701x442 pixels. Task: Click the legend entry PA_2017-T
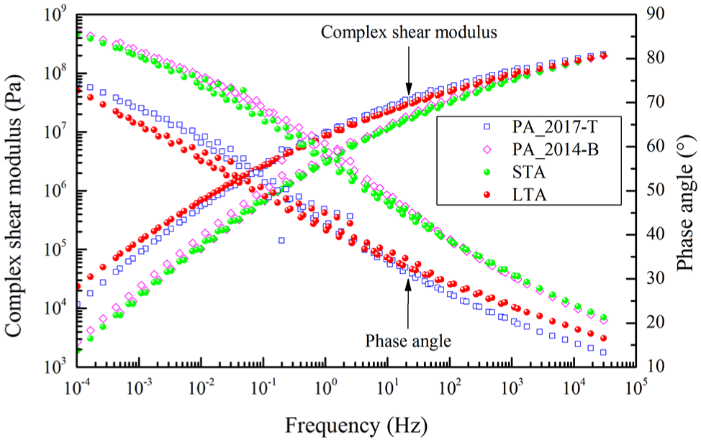554,127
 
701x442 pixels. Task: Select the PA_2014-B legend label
555,149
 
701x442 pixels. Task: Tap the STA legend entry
529,172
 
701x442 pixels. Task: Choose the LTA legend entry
529,195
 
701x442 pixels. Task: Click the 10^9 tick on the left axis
55,14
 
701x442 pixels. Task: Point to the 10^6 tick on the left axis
55,190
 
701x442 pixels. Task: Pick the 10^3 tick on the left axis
55,367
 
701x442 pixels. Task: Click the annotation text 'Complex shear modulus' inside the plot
409,32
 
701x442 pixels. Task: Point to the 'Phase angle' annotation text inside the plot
408,341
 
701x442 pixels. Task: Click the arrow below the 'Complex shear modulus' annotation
408,69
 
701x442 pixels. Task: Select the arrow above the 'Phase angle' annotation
408,304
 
